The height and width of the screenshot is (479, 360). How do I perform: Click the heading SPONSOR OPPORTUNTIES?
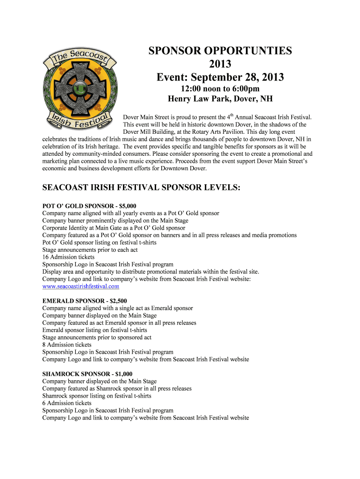click(x=220, y=51)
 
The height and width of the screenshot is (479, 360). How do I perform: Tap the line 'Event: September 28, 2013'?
click(x=220, y=77)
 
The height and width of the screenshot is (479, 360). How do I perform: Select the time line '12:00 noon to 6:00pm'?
click(x=220, y=89)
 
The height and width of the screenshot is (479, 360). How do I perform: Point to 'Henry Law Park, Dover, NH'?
click(x=220, y=99)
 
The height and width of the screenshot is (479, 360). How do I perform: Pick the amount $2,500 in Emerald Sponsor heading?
click(x=116, y=301)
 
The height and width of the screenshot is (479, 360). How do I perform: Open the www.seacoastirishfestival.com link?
click(x=80, y=286)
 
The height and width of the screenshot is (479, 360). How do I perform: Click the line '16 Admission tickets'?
click(x=68, y=257)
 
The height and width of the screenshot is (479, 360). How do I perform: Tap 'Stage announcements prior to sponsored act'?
click(x=97, y=337)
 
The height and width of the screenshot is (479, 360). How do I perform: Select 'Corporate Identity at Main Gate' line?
click(x=114, y=228)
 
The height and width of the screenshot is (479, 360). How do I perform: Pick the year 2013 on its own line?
click(x=220, y=64)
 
